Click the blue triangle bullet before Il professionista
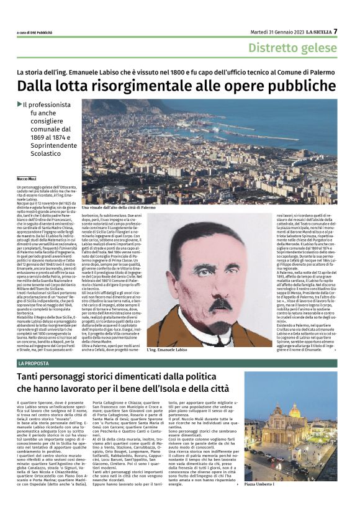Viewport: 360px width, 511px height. [x=19, y=104]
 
